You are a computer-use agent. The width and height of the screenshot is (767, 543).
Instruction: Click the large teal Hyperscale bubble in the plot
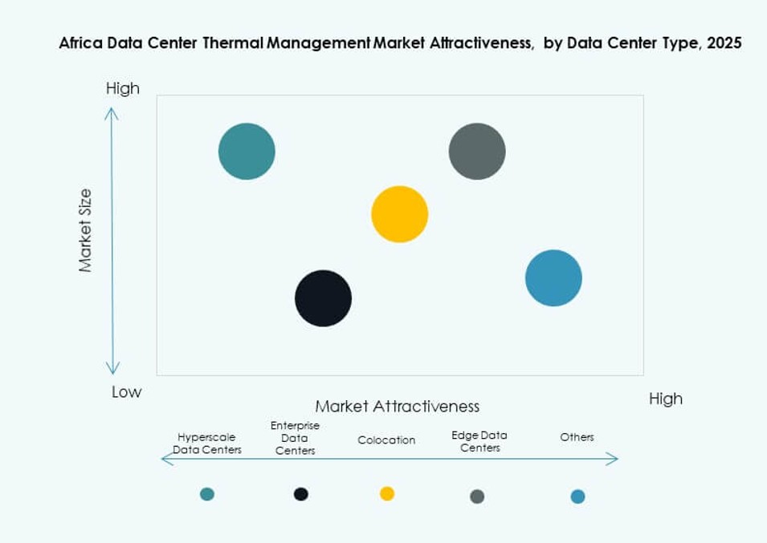click(x=247, y=152)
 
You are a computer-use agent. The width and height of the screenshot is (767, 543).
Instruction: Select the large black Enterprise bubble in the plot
click(x=323, y=298)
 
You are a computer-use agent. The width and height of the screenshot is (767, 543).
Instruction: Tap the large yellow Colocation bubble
click(x=399, y=214)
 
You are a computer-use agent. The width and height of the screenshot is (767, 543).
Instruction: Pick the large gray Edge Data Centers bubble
click(x=477, y=152)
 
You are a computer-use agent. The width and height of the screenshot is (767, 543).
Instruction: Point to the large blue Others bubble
click(x=553, y=278)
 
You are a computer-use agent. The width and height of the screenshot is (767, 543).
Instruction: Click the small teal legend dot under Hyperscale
click(x=207, y=494)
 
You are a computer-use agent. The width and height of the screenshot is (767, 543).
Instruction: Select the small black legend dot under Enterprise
click(x=301, y=494)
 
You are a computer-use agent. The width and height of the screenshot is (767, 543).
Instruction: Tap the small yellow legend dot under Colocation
click(x=387, y=493)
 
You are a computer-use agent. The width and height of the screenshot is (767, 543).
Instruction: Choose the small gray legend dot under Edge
click(x=477, y=496)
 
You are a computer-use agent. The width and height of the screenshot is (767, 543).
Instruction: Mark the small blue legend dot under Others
click(x=577, y=496)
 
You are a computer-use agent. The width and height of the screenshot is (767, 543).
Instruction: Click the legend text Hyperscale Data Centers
click(x=207, y=444)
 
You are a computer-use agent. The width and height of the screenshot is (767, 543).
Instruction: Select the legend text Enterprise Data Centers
click(x=295, y=438)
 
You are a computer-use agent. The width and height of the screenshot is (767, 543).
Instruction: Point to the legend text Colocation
click(x=386, y=440)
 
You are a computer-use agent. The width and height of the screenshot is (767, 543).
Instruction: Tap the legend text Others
click(x=577, y=437)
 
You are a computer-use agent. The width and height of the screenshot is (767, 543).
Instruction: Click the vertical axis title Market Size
click(x=86, y=231)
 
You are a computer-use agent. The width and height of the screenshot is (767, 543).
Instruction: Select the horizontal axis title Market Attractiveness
click(x=397, y=406)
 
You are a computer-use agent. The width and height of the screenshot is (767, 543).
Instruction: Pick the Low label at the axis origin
click(x=126, y=392)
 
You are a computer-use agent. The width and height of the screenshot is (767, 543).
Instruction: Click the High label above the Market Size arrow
click(x=123, y=89)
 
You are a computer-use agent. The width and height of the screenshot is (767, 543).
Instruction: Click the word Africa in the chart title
click(x=78, y=43)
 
